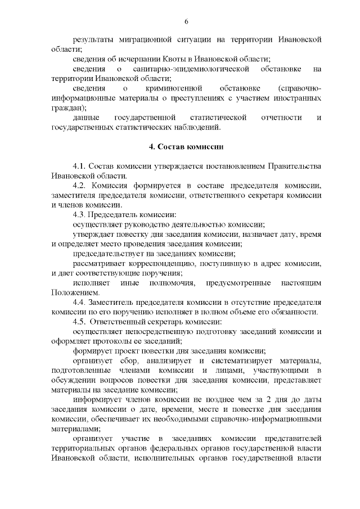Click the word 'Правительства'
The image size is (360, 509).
(x=298, y=166)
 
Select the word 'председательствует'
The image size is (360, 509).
(x=107, y=254)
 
